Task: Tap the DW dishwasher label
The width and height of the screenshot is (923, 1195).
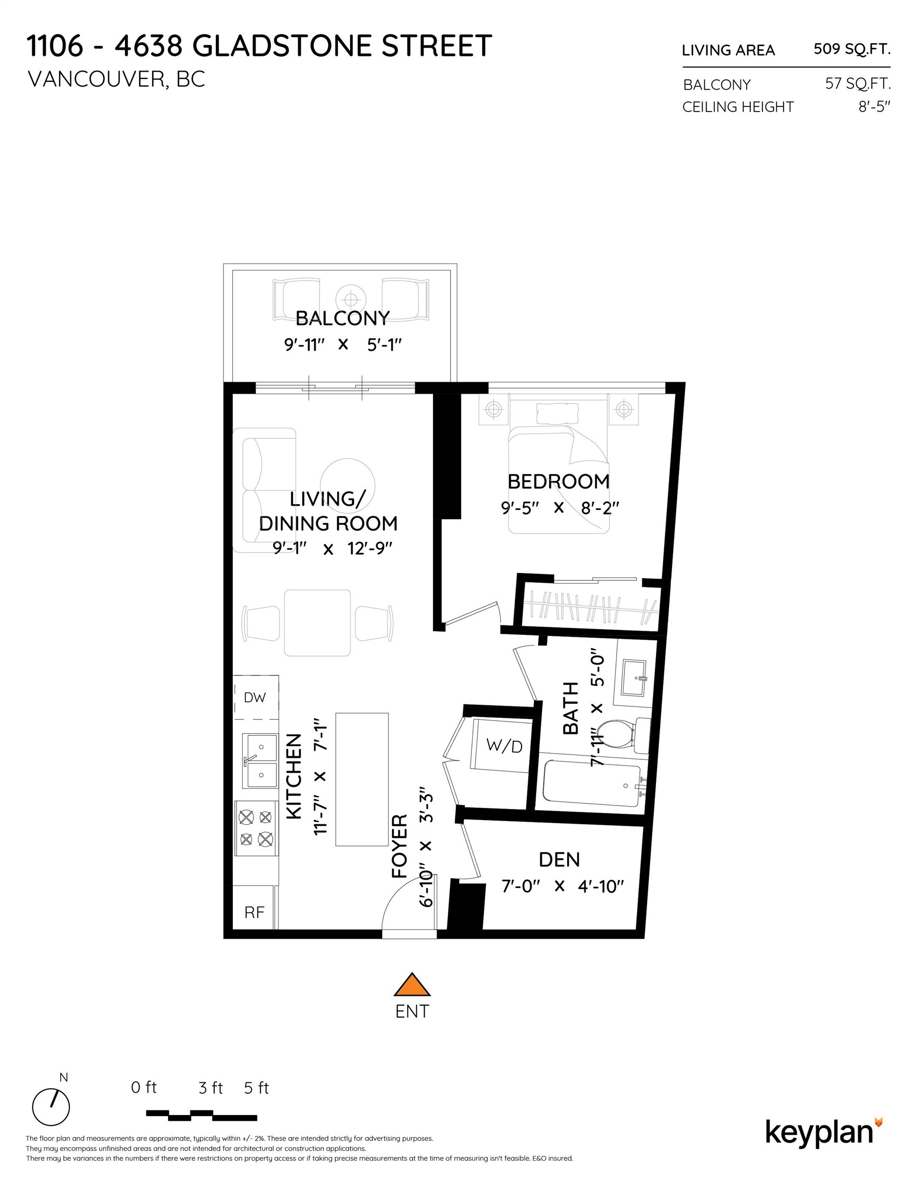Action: click(x=255, y=697)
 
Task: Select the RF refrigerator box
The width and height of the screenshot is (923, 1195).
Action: click(x=254, y=912)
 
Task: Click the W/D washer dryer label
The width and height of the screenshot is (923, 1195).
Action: click(x=504, y=746)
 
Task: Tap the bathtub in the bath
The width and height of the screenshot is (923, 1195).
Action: click(x=591, y=786)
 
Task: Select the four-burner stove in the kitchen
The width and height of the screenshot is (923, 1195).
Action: click(x=256, y=828)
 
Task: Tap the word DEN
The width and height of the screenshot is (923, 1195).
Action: click(x=558, y=859)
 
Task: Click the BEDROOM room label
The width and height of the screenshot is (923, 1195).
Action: click(x=558, y=481)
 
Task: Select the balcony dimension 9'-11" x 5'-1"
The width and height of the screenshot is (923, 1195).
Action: click(x=343, y=345)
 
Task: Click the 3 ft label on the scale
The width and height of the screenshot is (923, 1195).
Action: click(x=211, y=1088)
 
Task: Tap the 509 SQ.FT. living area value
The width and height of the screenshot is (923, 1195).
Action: click(x=851, y=49)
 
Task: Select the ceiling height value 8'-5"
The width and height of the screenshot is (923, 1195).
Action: click(x=874, y=107)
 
